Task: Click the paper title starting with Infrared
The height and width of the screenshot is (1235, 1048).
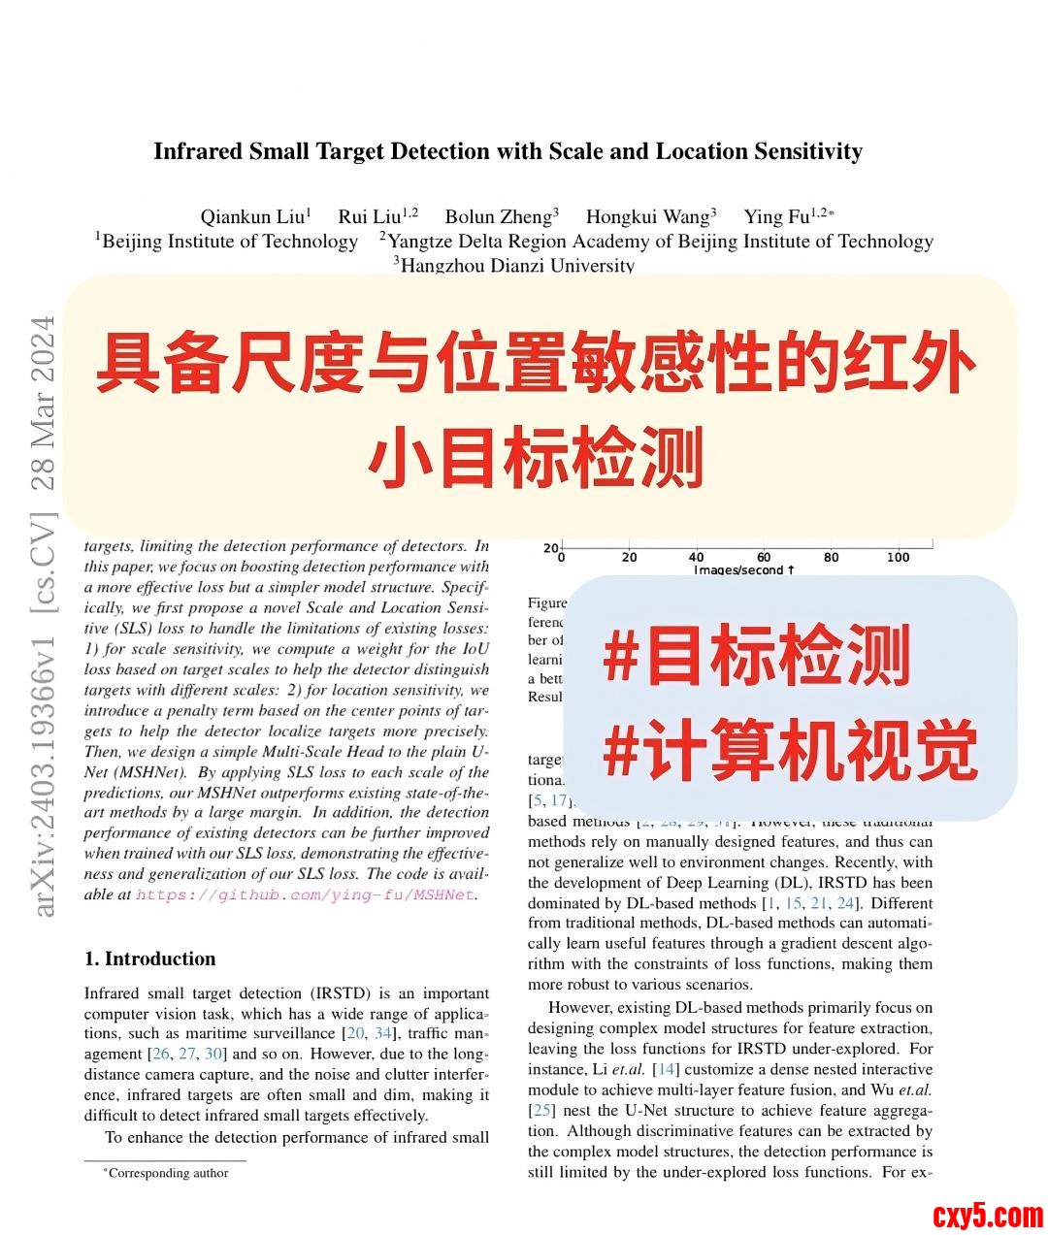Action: pos(508,151)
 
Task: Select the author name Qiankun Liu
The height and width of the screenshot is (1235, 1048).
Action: pos(254,216)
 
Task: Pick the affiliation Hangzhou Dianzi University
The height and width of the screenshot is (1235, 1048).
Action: pos(515,265)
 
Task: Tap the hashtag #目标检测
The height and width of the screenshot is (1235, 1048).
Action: pos(756,656)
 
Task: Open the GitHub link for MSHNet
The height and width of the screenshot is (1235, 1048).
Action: pos(306,894)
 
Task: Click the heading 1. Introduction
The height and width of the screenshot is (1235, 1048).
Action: pos(149,959)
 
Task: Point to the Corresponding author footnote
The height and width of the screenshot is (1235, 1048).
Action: pos(167,1173)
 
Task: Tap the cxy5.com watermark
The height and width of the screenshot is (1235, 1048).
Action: pos(988,1215)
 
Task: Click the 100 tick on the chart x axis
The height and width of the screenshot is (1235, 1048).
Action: pos(899,557)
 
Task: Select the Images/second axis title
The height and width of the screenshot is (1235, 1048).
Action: pos(743,569)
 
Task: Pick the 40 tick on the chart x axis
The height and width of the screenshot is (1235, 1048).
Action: pos(697,557)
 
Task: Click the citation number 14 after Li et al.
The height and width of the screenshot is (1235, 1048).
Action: pos(667,1069)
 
